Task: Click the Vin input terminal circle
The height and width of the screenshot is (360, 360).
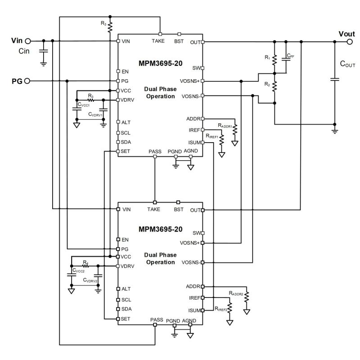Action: (27, 41)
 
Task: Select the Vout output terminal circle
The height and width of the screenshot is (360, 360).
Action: (350, 41)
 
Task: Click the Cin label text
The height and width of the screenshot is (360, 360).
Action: (24, 51)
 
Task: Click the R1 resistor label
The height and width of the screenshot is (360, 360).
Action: (267, 58)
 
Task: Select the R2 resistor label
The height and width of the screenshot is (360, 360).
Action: (267, 84)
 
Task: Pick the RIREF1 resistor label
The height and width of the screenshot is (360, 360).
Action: (212, 135)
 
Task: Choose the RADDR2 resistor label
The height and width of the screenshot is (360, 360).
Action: (236, 293)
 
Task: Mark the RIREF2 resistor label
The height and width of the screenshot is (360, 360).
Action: (221, 309)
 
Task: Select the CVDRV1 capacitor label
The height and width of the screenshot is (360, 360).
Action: (96, 114)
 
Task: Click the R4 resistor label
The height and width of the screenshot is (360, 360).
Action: (85, 261)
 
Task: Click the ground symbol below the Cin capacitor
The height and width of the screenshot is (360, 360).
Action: (43, 64)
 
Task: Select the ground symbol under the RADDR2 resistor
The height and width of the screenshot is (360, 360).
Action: (247, 311)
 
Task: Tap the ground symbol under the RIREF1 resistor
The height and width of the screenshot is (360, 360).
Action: (221, 154)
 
